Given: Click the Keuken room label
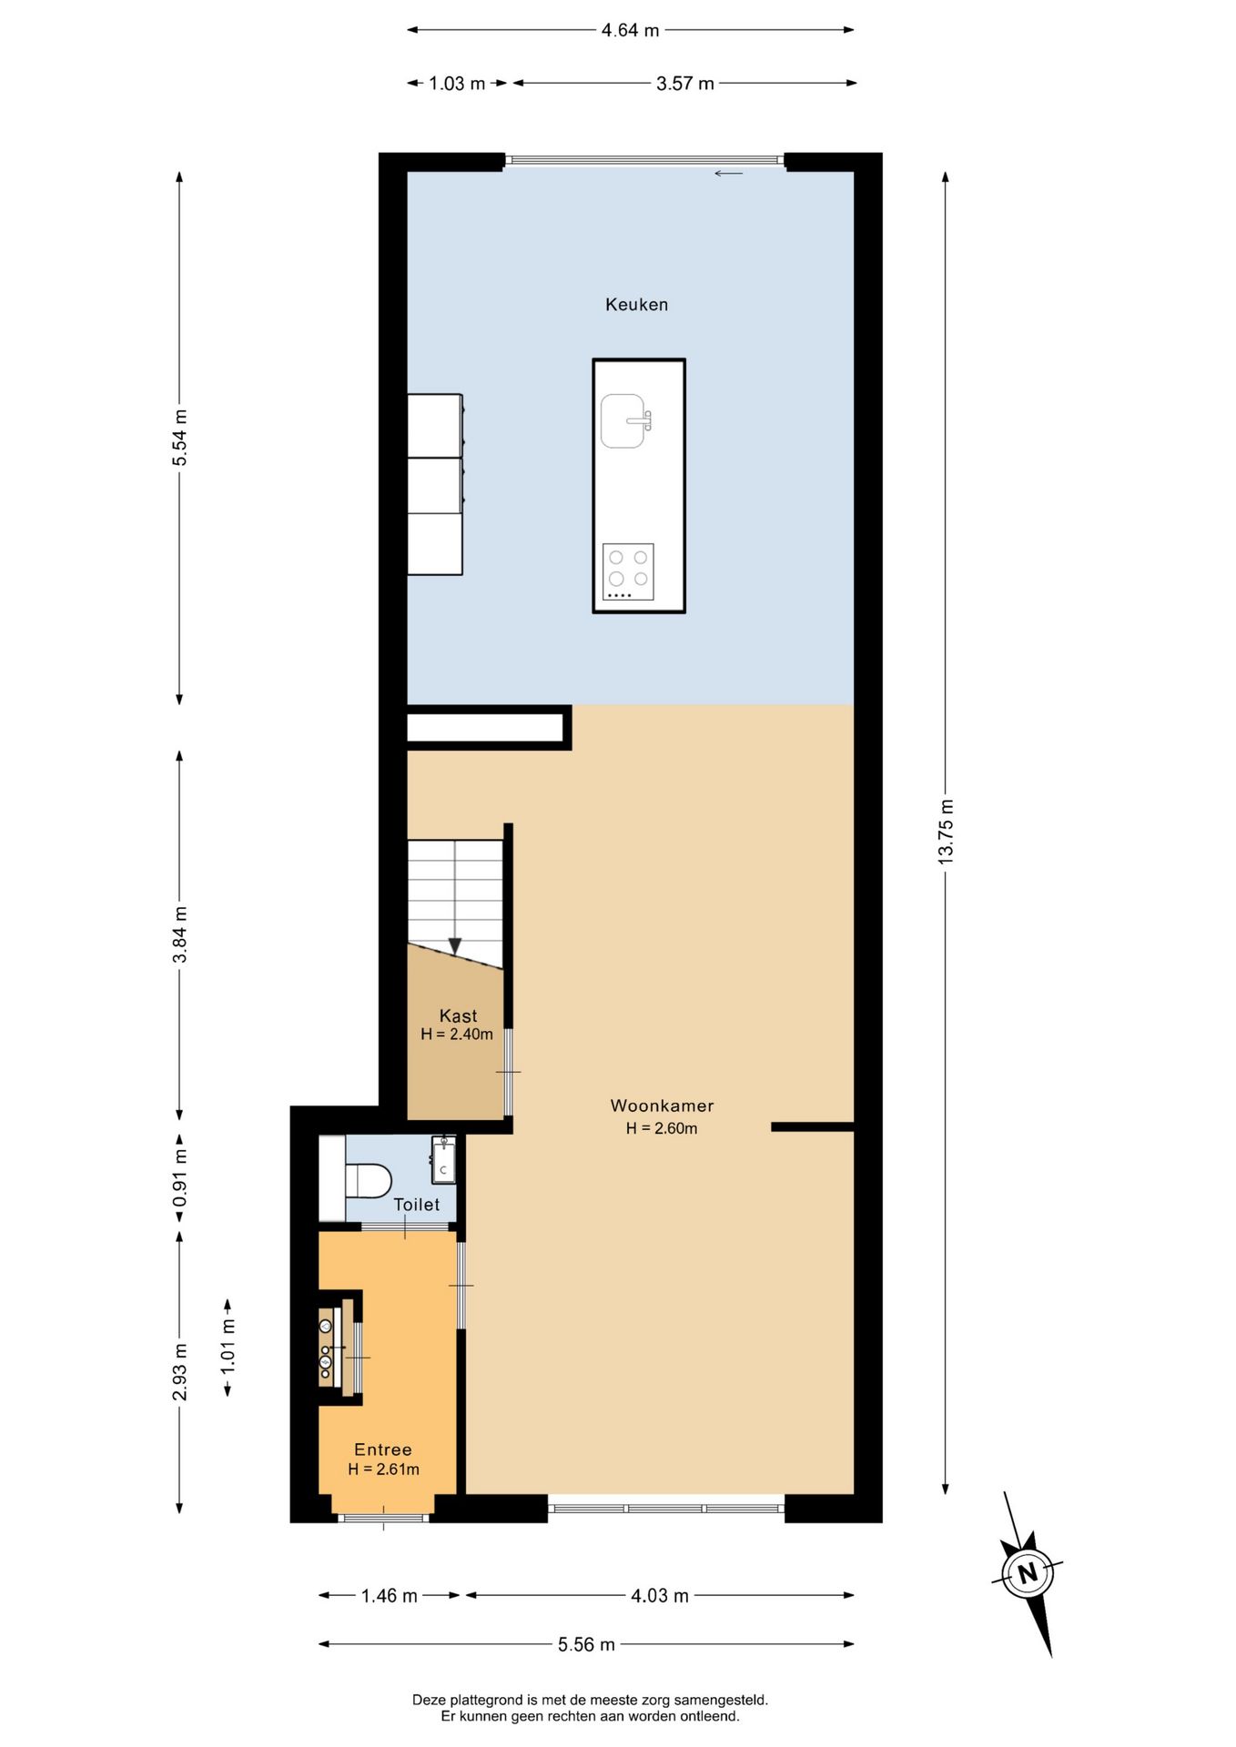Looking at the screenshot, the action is pos(636,305).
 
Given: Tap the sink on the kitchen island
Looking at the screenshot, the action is pos(625,420).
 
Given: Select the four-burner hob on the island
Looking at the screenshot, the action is pos(628,571).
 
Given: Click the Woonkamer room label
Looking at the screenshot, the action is pos(662,1106).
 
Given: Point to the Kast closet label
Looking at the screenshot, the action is pos(458,1015).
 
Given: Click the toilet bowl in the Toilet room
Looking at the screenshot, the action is pos(368,1180).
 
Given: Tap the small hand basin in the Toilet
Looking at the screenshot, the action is pos(443,1160).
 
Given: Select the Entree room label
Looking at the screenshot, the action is pos(383,1449).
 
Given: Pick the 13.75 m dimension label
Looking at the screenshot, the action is pos(947,832).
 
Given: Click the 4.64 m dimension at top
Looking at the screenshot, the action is pos(630,30).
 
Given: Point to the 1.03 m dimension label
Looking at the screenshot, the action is pos(457,84).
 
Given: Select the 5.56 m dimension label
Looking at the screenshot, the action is pos(586,1644).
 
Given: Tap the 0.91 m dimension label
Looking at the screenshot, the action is pos(180,1178).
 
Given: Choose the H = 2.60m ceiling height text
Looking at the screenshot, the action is pos(662,1128).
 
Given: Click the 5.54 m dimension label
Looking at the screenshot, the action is pos(180,438).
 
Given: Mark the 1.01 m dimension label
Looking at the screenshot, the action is pos(228,1347).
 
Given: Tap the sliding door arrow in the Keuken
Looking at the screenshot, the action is pos(728,174).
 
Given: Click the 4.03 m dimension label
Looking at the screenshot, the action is pos(660,1595).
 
